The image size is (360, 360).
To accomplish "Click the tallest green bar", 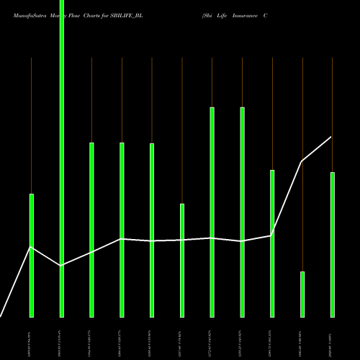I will (x=61, y=158).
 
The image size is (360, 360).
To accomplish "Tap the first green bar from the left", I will (x=32, y=255).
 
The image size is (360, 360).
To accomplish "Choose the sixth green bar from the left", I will (x=182, y=260).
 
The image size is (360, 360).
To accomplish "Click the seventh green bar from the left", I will (x=212, y=212).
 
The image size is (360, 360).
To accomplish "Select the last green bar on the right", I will (x=332, y=244).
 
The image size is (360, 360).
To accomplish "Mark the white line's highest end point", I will (x=332, y=137).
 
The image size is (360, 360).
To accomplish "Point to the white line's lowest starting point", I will (x=1, y=316).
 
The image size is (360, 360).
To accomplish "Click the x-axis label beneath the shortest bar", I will (x=302, y=338).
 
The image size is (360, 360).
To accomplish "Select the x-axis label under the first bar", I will (x=32, y=338).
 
